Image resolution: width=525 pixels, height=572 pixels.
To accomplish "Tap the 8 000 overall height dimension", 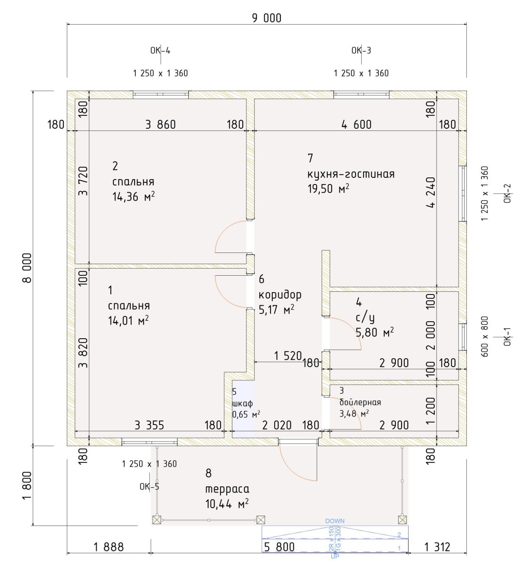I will tap(27, 268).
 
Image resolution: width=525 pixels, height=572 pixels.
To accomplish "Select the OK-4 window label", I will tap(160, 50).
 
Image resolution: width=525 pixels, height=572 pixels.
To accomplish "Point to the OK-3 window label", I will tap(361, 50).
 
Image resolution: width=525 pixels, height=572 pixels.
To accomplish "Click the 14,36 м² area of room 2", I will tap(134, 197).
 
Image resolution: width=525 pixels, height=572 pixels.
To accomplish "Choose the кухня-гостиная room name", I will tap(351, 174).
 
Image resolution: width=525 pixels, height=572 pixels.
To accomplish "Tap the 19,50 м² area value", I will tap(328, 189).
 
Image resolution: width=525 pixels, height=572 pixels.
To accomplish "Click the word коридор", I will tap(280, 294).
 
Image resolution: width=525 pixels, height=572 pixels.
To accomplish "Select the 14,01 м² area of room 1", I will tap(128, 321).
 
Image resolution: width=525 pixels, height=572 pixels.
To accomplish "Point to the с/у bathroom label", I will tap(365, 318).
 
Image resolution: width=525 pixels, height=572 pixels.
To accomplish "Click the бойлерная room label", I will tap(360, 402).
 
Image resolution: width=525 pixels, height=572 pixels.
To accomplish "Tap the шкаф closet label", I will tap(242, 403).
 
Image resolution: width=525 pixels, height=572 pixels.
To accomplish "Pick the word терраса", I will tap(227, 488).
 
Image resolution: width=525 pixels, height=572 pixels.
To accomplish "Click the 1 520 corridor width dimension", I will tap(288, 356).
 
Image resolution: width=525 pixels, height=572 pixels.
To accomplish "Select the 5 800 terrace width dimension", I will tap(279, 547).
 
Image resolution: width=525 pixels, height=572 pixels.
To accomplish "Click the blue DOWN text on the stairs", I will tap(335, 521).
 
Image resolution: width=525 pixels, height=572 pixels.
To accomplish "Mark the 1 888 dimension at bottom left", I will tap(109, 547).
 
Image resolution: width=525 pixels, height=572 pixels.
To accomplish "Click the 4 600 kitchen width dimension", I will tap(356, 124).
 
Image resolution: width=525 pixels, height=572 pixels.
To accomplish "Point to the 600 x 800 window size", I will tap(485, 336).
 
